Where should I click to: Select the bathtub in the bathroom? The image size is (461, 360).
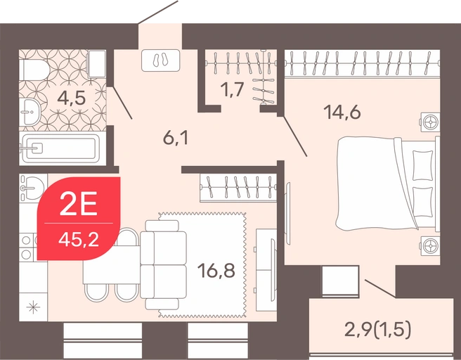(x=61, y=148)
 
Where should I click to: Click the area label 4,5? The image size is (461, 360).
(x=72, y=98)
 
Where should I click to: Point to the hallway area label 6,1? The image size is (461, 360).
(x=176, y=138)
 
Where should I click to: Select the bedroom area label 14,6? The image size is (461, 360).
(x=342, y=112)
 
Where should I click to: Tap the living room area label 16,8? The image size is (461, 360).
(x=216, y=271)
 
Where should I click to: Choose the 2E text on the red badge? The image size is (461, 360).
(x=78, y=203)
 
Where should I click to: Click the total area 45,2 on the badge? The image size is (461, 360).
(x=79, y=240)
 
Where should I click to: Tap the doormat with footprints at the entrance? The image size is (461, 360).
(x=160, y=60)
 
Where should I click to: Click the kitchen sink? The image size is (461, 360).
(x=32, y=187)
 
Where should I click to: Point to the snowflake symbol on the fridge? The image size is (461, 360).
(x=33, y=307)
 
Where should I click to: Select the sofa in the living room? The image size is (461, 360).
(x=163, y=264)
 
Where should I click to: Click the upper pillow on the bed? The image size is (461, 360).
(x=423, y=165)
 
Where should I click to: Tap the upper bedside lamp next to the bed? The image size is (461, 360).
(x=431, y=122)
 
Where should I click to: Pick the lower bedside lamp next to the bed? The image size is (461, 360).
(x=431, y=245)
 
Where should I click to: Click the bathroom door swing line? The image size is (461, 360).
(x=122, y=103)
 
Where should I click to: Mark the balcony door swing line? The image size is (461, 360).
(x=380, y=288)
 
